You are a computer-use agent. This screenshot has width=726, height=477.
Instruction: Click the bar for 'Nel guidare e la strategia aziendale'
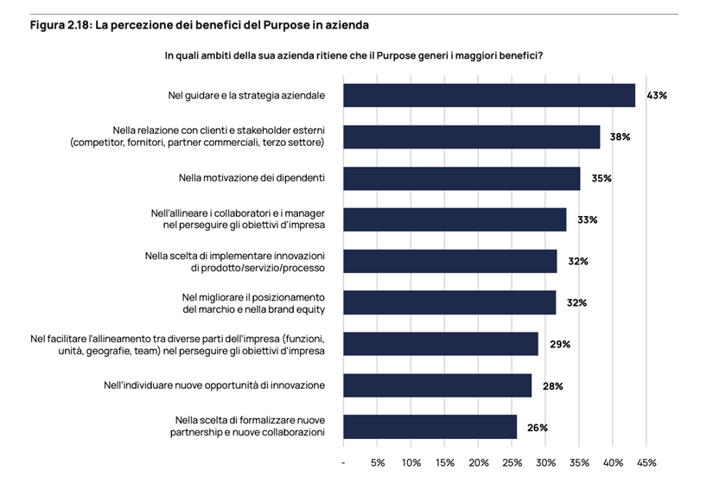[489, 95]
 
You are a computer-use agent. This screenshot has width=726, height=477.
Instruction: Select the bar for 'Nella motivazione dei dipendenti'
[462, 178]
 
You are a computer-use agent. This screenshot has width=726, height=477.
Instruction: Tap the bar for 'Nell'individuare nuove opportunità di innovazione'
[437, 385]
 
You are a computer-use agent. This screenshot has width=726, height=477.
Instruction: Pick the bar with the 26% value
[430, 427]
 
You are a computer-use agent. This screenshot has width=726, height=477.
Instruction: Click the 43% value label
[657, 95]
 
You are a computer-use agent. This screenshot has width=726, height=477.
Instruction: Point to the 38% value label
[621, 137]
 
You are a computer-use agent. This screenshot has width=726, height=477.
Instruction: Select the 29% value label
[560, 344]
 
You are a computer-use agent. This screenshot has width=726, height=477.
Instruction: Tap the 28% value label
[553, 385]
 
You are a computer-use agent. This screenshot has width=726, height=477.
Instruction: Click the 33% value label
[588, 219]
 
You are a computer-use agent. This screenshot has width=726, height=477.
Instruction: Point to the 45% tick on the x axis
[646, 462]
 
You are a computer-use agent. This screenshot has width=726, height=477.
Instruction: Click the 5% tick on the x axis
[378, 462]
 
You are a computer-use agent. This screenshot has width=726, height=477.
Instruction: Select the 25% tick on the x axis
[512, 462]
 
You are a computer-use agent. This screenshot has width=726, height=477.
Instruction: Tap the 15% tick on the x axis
[445, 462]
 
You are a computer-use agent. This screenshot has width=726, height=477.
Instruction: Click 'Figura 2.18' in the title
[60, 25]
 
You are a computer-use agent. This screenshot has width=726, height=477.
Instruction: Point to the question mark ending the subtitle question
[540, 55]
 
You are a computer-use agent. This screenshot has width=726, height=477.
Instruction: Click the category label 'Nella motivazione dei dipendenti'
[252, 178]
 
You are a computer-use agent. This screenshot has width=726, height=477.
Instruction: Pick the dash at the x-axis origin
[344, 462]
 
